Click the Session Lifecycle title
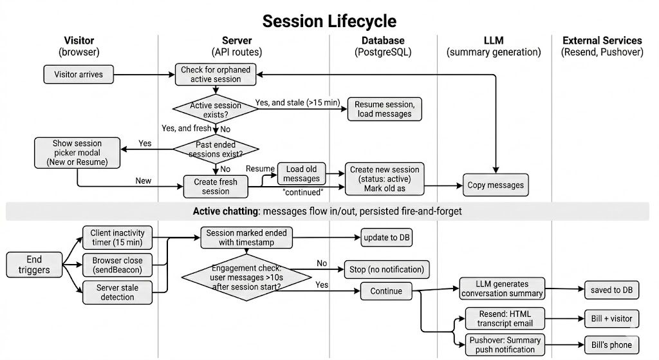tap(329, 21)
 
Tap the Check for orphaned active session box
tap(216, 74)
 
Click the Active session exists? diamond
tap(216, 109)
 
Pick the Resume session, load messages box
tap(384, 109)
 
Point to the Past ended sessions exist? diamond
tap(216, 149)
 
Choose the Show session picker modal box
tap(77, 153)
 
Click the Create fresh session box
tap(215, 187)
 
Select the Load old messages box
tap(301, 175)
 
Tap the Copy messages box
tap(496, 185)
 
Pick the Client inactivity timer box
tap(117, 238)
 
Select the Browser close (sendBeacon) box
tap(117, 264)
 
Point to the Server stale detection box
tap(117, 292)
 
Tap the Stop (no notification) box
tap(386, 269)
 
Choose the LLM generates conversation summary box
tap(501, 289)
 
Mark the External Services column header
tap(602, 46)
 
